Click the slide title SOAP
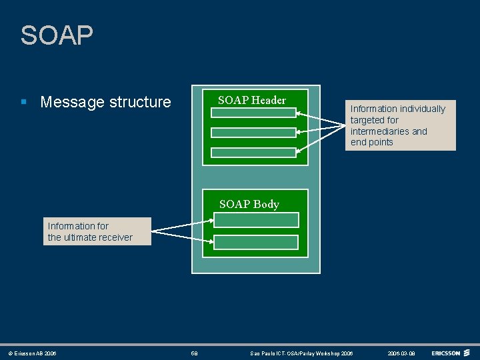click(x=57, y=35)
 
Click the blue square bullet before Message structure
click(x=24, y=102)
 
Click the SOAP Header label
click(x=252, y=100)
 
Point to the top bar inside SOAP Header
click(x=253, y=113)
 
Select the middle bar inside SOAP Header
click(x=253, y=133)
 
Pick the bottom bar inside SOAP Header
click(x=253, y=153)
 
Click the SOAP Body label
click(x=249, y=204)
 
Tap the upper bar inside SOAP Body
click(x=257, y=220)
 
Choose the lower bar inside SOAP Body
click(x=257, y=242)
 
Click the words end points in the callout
click(x=372, y=142)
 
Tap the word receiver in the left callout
click(x=117, y=237)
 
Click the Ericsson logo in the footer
click(x=451, y=353)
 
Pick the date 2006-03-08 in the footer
click(x=401, y=353)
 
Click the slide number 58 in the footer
click(x=194, y=353)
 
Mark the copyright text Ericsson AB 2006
click(x=35, y=353)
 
